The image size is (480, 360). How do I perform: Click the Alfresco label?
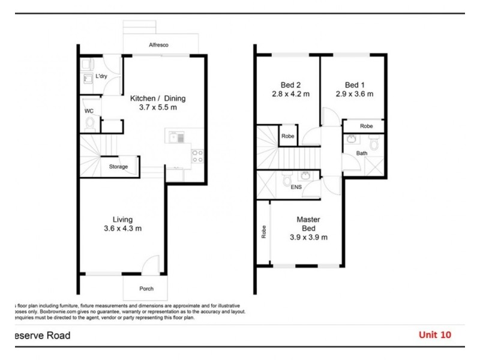[x=158, y=45]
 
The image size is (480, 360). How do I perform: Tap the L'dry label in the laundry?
[x=101, y=77]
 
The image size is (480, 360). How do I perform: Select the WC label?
[x=89, y=110]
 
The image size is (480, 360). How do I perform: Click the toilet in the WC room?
[x=91, y=124]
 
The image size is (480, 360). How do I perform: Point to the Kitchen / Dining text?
[x=158, y=98]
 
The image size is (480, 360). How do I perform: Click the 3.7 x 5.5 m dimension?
[x=158, y=108]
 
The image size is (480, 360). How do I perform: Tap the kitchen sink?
[x=176, y=138]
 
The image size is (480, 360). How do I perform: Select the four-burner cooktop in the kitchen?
[x=197, y=156]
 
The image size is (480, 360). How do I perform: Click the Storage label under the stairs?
[x=118, y=167]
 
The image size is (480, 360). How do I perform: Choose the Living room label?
[x=122, y=220]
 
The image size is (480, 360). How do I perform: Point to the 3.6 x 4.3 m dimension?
[x=122, y=229]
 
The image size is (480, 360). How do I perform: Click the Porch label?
[x=146, y=289]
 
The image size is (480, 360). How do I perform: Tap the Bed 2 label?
[x=290, y=85]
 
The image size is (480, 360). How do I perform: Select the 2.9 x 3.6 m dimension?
[x=355, y=94]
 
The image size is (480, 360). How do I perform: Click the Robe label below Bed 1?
[x=366, y=127]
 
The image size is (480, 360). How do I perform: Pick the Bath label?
[x=361, y=154]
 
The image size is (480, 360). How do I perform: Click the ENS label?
[x=296, y=187]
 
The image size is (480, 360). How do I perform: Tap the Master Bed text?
[x=308, y=224]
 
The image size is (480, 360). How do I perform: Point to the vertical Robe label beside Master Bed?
[x=263, y=232]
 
